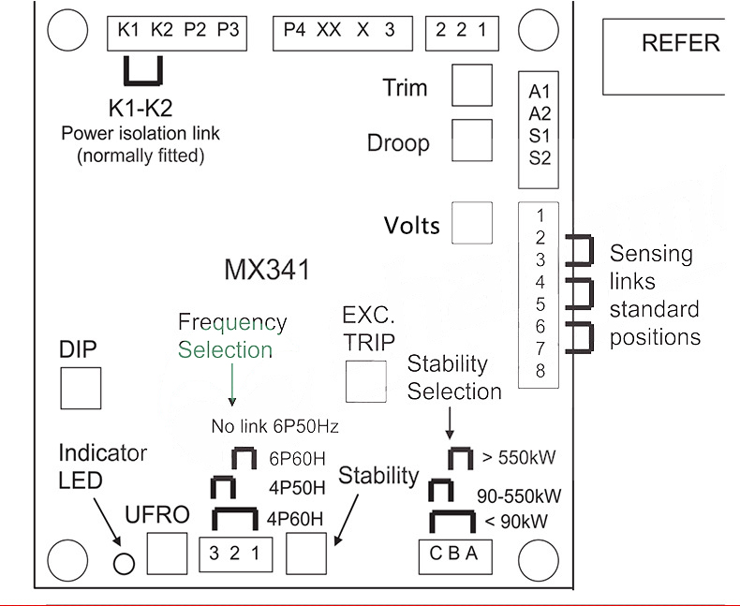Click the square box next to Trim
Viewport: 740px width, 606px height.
[x=472, y=85]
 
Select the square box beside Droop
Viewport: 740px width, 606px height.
[x=472, y=140]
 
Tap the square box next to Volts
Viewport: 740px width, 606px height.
[x=472, y=223]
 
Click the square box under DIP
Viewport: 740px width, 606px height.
[x=81, y=387]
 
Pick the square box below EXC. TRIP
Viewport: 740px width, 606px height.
[x=365, y=380]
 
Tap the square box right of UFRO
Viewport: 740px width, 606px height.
[x=167, y=554]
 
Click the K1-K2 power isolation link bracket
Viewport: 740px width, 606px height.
[x=144, y=69]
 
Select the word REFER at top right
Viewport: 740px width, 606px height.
[x=681, y=43]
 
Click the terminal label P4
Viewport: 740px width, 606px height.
[x=294, y=30]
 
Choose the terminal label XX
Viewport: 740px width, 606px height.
[x=329, y=30]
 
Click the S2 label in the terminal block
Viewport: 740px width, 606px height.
[x=540, y=157]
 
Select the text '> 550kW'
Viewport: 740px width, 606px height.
[x=519, y=458]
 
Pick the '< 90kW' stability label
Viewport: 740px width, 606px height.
[x=515, y=521]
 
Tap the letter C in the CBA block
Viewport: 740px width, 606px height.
[x=437, y=553]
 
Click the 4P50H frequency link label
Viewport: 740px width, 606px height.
[x=296, y=488]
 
